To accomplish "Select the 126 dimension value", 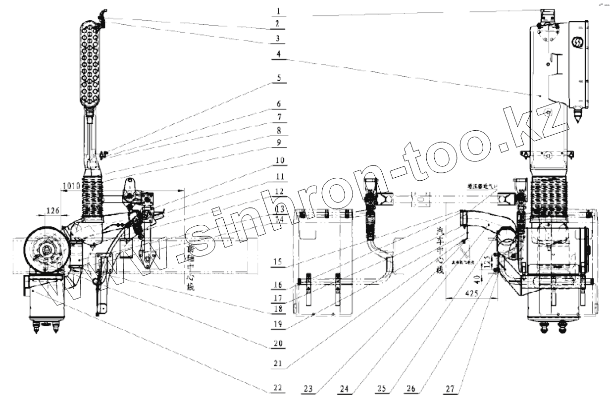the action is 53,210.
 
